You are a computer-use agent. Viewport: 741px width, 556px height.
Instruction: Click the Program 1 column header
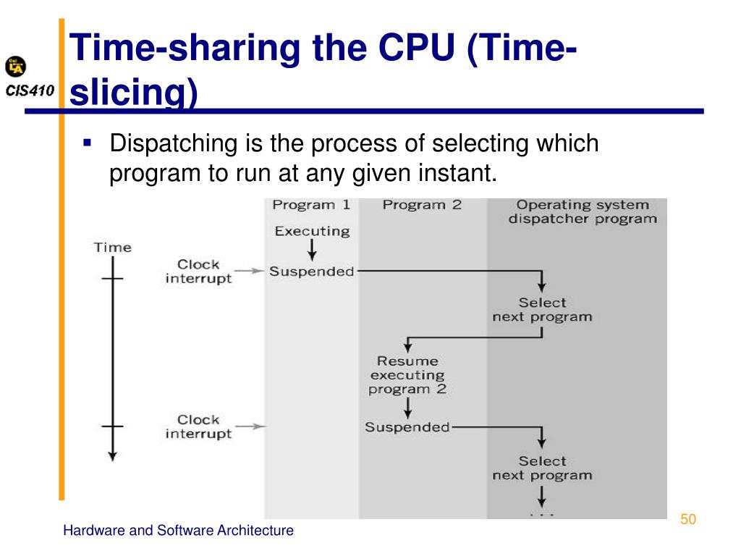click(x=311, y=205)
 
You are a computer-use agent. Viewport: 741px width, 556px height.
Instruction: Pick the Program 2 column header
click(x=422, y=205)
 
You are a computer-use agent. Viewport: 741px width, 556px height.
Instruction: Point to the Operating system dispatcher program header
click(x=583, y=211)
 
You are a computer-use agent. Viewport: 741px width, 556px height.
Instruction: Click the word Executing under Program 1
click(x=312, y=232)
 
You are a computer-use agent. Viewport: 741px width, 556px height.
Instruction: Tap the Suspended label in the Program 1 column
click(x=312, y=272)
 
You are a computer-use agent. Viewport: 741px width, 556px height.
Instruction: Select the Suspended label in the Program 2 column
click(x=407, y=427)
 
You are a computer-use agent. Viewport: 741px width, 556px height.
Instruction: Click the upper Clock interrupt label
click(x=198, y=271)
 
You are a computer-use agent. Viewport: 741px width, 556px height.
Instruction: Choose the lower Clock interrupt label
click(x=198, y=426)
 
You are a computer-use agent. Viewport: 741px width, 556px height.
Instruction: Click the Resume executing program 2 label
click(x=407, y=375)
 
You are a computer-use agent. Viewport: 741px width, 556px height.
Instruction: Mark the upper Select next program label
click(x=542, y=310)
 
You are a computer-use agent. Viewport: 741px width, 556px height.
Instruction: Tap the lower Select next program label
click(x=542, y=468)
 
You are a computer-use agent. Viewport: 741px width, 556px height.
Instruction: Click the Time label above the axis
click(x=113, y=248)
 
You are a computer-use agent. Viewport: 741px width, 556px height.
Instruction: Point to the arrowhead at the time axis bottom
click(x=112, y=455)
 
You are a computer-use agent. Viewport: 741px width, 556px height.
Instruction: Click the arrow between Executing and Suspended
click(x=312, y=251)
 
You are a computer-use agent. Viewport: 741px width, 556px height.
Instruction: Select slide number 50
click(x=687, y=519)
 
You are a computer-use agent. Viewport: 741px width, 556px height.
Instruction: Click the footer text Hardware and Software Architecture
click(x=178, y=531)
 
